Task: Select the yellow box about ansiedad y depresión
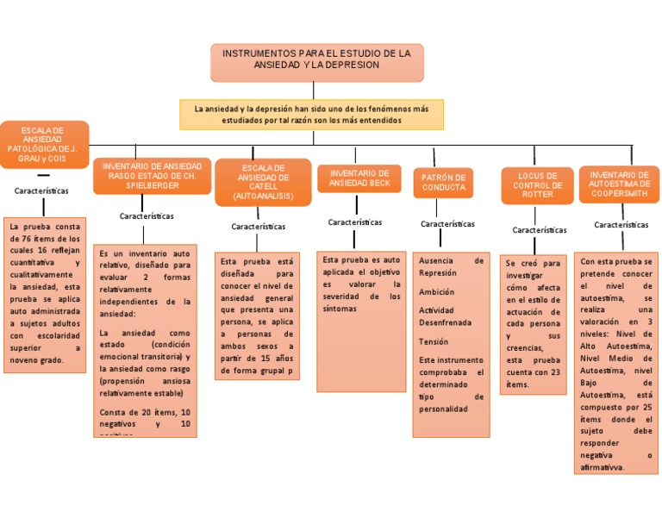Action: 311,115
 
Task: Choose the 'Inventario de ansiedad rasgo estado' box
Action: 151,175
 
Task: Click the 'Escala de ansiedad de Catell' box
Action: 263,182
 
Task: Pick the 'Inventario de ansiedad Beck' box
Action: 359,178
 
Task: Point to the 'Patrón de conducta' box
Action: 444,182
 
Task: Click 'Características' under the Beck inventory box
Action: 355,222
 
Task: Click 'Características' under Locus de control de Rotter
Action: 539,230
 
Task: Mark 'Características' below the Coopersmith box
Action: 621,225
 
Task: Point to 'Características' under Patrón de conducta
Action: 447,224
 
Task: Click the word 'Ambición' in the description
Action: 436,292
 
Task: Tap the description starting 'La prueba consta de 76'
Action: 45,293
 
